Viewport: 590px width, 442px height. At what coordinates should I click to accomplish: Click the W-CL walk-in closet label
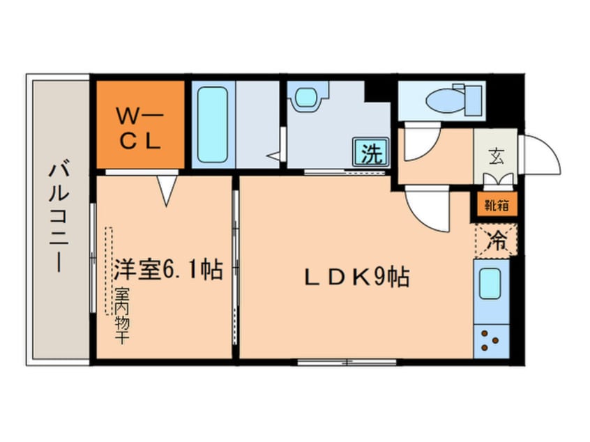click(x=139, y=128)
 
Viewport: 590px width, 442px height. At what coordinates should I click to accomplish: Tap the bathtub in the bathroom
click(x=213, y=125)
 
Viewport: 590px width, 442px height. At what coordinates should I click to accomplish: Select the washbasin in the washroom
click(x=308, y=98)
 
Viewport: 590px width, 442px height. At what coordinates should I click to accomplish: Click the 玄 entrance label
click(x=497, y=155)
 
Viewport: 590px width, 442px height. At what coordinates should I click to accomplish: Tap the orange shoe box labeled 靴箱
click(x=497, y=206)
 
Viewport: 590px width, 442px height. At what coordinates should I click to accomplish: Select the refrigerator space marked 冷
click(x=497, y=241)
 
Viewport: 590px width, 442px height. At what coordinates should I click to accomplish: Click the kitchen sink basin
click(x=490, y=284)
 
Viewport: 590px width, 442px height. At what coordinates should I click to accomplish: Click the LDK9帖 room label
click(x=356, y=277)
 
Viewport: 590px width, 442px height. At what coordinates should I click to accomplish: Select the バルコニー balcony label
click(x=59, y=217)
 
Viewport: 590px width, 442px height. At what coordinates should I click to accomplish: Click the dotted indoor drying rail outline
click(x=109, y=270)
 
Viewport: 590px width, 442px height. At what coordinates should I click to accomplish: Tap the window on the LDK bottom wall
click(x=347, y=363)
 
